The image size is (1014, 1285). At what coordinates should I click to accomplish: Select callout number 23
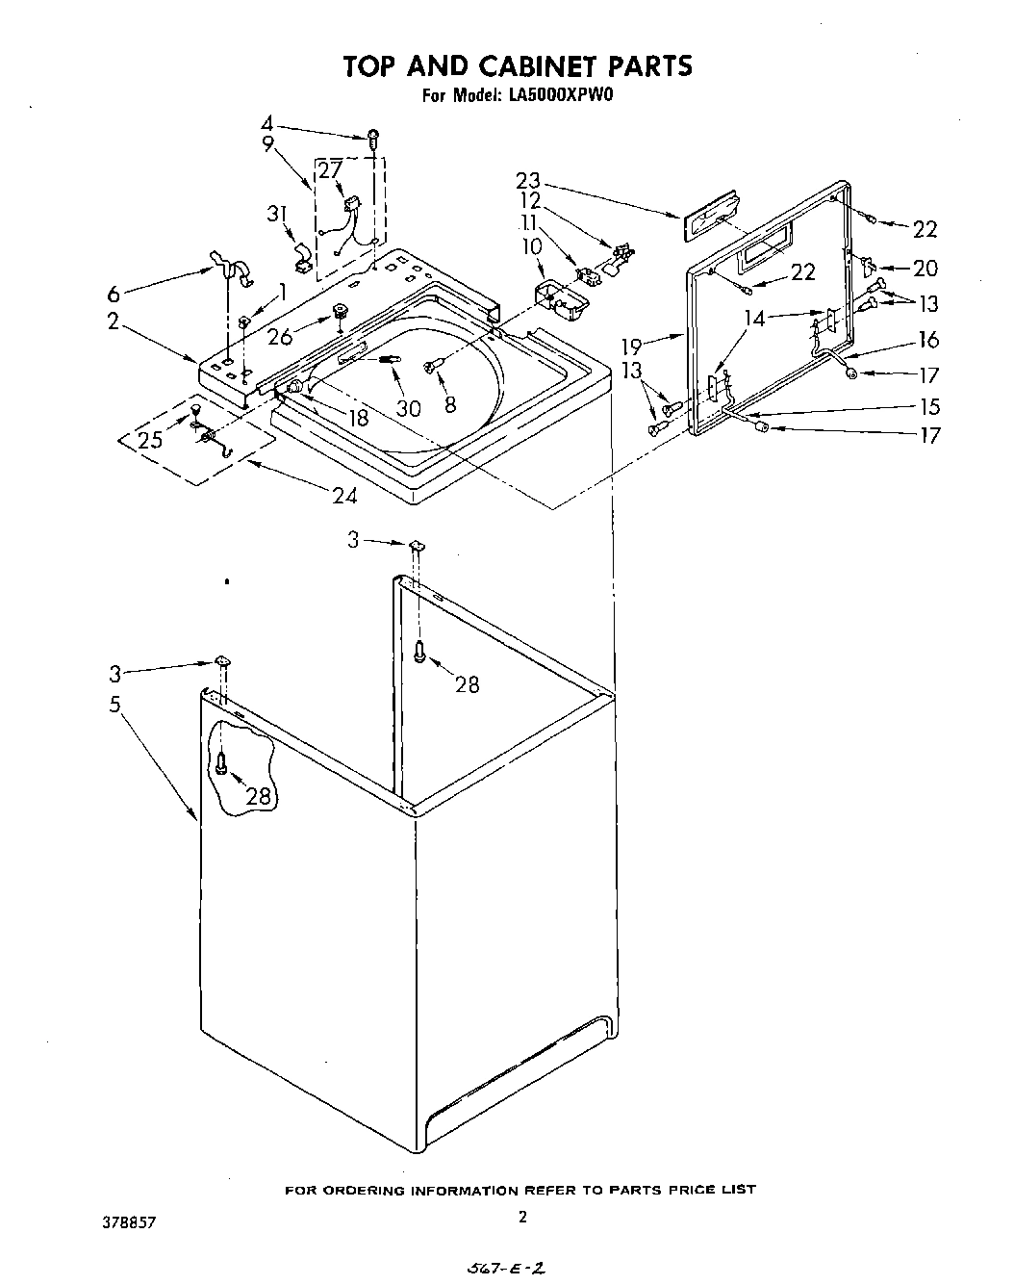pos(555,180)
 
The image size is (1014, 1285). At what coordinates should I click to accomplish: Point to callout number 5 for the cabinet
pos(114,705)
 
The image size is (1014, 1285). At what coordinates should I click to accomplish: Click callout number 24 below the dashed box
pos(344,496)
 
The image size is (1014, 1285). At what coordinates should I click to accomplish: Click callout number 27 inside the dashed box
pos(330,171)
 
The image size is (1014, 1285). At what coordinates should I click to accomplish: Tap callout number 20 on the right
pos(925,269)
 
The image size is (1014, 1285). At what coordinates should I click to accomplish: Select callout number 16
pos(927,339)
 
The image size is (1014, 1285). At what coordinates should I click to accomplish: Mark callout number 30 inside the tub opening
pos(409,408)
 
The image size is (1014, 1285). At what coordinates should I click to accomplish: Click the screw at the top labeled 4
pos(373,137)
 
